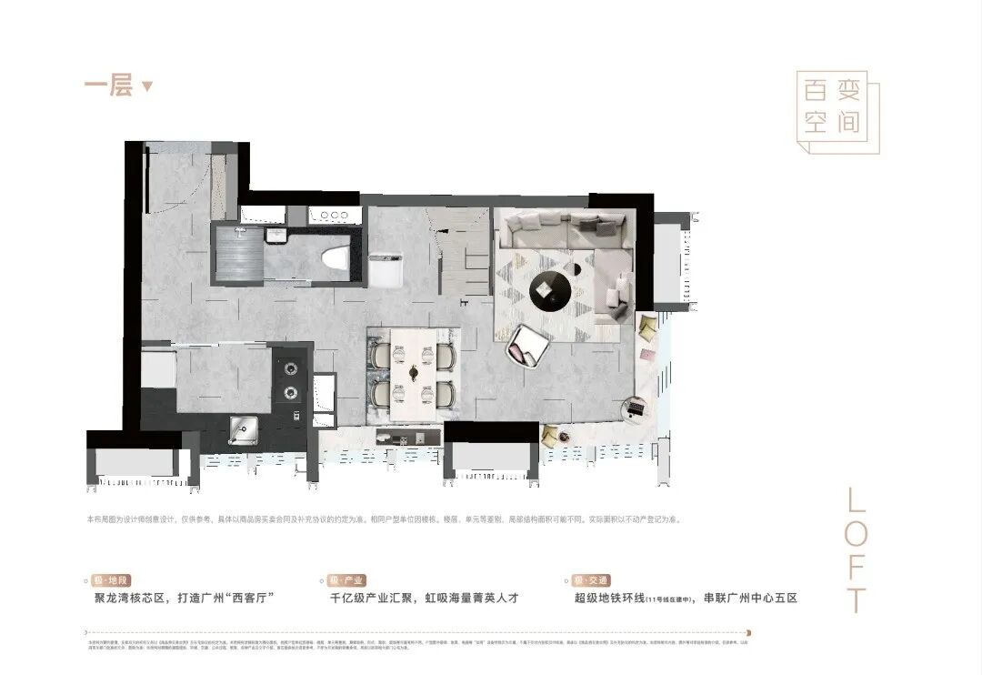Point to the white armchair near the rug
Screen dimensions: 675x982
[528, 345]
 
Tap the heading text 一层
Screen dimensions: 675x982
[109, 86]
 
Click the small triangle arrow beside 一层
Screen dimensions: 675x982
[147, 87]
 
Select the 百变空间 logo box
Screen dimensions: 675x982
[837, 111]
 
